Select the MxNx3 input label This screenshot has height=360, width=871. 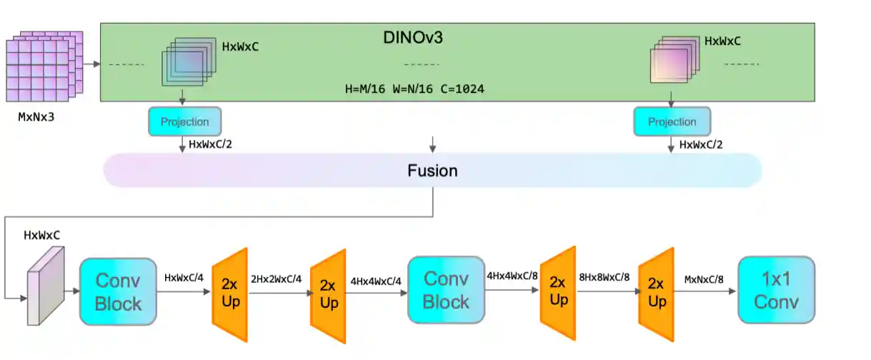coord(36,117)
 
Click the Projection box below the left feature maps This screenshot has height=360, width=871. coord(184,121)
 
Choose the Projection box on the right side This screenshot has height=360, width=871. coord(672,121)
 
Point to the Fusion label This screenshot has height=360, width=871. coord(432,171)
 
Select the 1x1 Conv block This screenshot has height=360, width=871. coord(776,291)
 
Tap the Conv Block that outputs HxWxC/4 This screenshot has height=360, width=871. coord(118,291)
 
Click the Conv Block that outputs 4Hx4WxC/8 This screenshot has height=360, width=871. coord(446,290)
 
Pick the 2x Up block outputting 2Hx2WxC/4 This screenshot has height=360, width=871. coord(230,294)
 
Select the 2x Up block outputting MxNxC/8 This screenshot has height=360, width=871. coord(656,294)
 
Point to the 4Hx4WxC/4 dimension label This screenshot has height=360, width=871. coord(375,281)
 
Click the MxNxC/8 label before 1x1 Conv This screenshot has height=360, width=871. coord(704,279)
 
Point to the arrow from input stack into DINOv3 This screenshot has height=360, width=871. coord(91,64)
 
